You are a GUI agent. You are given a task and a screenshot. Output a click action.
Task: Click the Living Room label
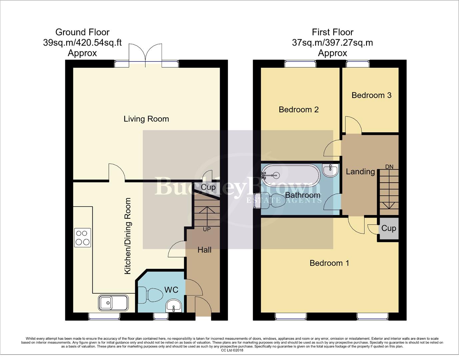click(x=146, y=119)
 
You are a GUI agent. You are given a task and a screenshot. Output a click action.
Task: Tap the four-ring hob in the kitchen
click(x=83, y=238)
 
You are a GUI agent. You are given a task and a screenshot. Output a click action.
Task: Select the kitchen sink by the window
click(x=113, y=303)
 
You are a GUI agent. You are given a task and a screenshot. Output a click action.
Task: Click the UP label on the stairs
click(x=207, y=229)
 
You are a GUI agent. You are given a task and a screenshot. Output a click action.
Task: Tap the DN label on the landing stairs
click(x=389, y=167)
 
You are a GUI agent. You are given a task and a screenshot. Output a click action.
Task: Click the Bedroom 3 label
click(x=371, y=95)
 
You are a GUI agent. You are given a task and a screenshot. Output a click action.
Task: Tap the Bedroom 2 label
click(x=299, y=109)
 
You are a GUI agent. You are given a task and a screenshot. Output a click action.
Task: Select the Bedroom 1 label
click(x=329, y=263)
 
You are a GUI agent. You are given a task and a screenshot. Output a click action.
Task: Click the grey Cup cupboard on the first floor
click(x=389, y=229)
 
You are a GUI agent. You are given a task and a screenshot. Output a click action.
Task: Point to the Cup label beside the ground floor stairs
click(x=208, y=187)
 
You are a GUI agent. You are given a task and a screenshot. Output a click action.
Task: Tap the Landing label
click(x=360, y=172)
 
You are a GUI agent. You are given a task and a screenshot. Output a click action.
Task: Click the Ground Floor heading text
click(x=82, y=32)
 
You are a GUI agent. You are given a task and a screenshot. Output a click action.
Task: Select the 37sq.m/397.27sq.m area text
click(x=332, y=43)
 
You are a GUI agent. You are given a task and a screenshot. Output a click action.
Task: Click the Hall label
click(x=204, y=250)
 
